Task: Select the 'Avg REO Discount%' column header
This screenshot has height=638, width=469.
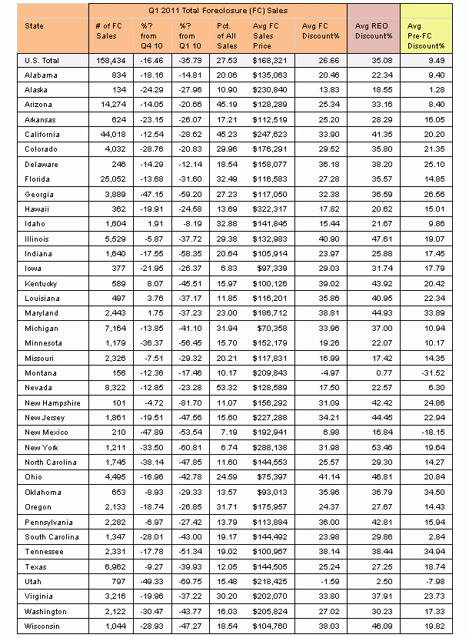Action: click(x=372, y=30)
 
